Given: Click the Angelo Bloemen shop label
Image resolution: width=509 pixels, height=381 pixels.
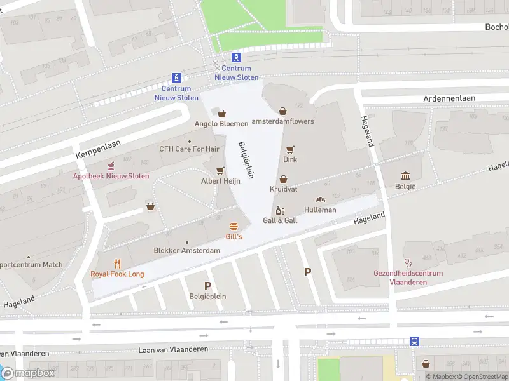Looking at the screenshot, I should point(221,123).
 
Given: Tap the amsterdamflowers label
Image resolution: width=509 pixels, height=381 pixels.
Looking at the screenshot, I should point(283,121).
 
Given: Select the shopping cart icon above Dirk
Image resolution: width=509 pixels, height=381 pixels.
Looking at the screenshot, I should point(291,149).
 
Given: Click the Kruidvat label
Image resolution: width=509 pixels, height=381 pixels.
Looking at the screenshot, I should point(283,189).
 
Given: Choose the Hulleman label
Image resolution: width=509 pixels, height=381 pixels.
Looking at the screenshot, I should point(320,210).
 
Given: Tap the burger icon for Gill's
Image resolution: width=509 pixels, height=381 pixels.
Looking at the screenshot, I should point(234,226).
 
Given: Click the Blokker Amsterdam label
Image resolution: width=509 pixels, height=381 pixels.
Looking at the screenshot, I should point(187,250).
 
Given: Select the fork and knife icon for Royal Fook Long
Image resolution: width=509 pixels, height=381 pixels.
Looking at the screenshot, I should point(117,264).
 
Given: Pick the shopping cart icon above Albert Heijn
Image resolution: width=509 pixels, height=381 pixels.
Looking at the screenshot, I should point(220,170).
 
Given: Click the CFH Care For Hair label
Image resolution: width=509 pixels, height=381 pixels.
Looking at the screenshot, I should point(189,149).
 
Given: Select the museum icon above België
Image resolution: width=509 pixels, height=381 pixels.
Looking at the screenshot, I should point(405,175).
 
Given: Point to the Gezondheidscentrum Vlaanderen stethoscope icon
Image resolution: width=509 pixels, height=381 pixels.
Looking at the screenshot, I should point(408,262).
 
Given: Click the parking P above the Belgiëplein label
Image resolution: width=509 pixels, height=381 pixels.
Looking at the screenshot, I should point(207,286).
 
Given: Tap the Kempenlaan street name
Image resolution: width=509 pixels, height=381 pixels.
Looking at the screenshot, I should point(99,150).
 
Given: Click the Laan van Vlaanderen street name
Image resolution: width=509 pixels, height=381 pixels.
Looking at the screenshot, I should point(173,350).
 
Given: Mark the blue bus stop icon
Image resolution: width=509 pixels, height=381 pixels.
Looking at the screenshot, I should point(414,341).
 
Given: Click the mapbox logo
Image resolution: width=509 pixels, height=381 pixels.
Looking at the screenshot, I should point(29,373).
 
